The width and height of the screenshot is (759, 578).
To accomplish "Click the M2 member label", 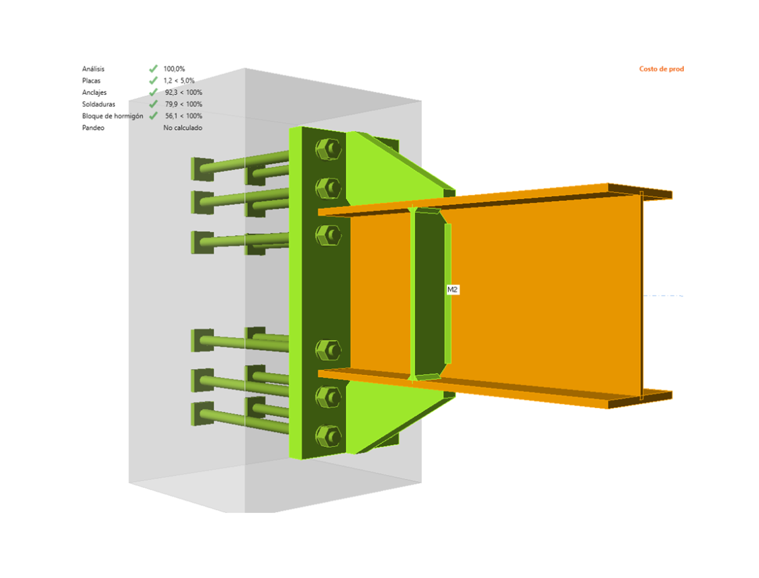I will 453,290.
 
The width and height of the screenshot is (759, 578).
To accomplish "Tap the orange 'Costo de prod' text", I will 662,69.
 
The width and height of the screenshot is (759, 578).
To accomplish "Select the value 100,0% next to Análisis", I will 174,69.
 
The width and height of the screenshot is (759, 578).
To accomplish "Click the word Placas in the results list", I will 91,81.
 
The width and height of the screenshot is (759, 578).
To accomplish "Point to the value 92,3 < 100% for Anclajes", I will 183,92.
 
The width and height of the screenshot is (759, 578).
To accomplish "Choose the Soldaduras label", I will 99,104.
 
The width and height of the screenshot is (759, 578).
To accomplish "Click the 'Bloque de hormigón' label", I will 112,116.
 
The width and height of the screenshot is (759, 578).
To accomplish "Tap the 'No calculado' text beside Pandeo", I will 182,128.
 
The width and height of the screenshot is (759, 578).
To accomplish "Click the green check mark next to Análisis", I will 153,69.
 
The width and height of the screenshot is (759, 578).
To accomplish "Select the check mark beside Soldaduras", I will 153,104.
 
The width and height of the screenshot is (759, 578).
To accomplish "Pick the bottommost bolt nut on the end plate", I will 328,435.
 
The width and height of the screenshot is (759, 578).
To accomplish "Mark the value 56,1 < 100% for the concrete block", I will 183,116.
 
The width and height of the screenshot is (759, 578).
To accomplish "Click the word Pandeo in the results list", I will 93,128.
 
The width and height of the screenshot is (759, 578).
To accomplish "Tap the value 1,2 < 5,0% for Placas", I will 179,81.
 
